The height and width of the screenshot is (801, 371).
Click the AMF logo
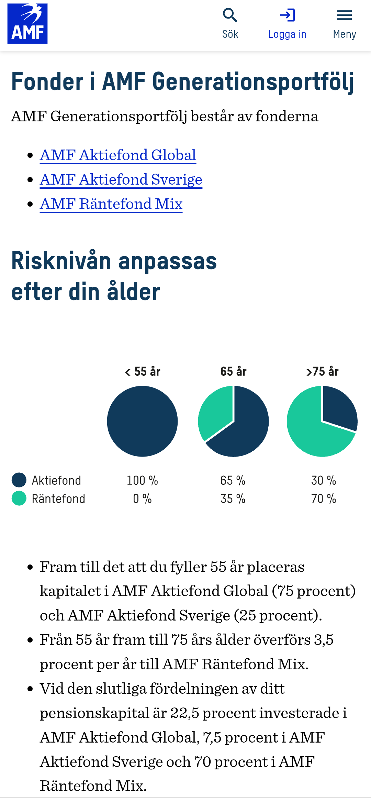(27, 23)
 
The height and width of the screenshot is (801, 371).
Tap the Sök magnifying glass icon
(230, 15)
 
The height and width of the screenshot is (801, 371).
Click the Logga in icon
(287, 15)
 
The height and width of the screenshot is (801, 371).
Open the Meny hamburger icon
(344, 15)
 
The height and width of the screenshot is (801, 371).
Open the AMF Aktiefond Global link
(118, 155)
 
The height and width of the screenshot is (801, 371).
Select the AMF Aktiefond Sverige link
(121, 179)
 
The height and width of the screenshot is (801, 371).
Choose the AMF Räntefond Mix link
(111, 204)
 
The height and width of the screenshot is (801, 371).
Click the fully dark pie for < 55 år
(142, 421)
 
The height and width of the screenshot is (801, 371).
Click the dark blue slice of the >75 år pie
(338, 407)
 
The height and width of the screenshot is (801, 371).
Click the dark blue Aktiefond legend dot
(19, 480)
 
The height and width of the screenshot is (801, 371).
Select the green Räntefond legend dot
(19, 498)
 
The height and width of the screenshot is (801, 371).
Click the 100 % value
(142, 480)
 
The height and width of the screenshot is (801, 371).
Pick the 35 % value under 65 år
(233, 499)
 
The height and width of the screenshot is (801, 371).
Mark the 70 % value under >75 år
(323, 499)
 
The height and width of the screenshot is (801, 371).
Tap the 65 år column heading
(233, 372)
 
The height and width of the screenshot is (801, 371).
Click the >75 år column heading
(322, 372)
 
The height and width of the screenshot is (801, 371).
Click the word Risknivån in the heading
(61, 261)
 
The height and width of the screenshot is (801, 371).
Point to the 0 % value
(142, 499)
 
